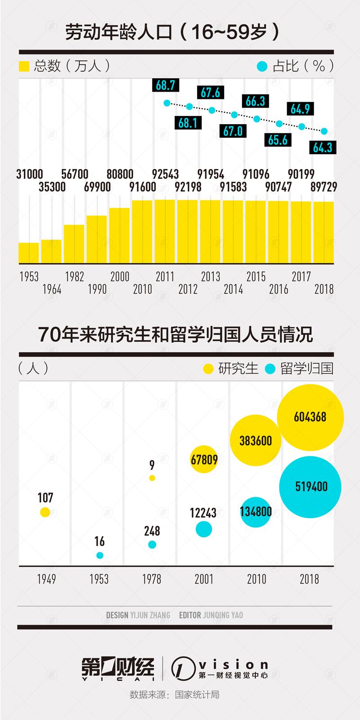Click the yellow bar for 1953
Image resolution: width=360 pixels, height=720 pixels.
point(28,253)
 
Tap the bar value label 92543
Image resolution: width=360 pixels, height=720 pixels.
point(165,174)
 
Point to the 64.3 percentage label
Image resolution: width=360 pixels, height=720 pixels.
point(323,147)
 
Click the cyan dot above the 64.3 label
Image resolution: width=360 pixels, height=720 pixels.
point(324,131)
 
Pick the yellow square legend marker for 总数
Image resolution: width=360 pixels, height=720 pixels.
point(24,67)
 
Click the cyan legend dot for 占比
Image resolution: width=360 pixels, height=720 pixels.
point(261,67)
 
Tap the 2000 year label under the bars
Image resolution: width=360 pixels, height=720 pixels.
point(120,277)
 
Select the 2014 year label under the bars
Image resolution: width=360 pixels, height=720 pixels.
point(233,289)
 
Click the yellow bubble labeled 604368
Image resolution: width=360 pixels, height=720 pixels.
point(310,417)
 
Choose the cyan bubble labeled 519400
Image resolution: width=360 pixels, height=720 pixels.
point(310,487)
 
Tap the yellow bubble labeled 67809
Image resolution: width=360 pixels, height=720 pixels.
point(203,460)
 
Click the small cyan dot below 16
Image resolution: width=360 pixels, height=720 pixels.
point(100,555)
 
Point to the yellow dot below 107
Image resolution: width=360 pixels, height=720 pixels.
point(45,512)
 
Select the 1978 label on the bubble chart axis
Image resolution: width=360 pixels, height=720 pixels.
point(152,579)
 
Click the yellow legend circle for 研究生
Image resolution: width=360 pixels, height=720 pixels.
point(208,369)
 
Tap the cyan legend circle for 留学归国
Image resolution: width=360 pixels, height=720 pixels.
point(270,369)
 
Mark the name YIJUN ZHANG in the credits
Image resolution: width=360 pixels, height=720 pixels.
point(150,615)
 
